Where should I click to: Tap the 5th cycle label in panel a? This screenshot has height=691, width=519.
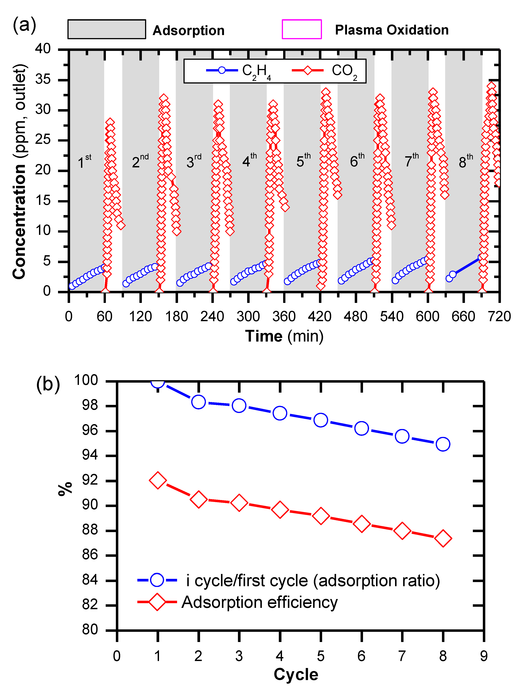[303, 161]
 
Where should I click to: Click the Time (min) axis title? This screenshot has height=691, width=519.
[284, 336]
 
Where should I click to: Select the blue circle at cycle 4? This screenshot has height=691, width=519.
[280, 413]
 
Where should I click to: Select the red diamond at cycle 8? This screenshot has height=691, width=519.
[443, 539]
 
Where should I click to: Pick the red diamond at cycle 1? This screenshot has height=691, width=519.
[158, 480]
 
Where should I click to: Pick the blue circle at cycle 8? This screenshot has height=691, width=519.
[443, 444]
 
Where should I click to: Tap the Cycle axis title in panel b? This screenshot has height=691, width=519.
[296, 674]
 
